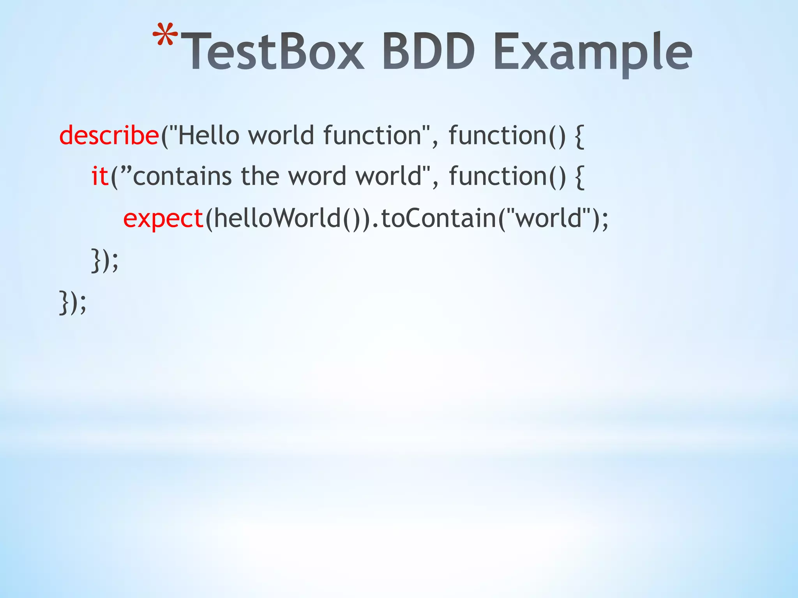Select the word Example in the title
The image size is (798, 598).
(592, 55)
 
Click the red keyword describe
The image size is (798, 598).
(109, 135)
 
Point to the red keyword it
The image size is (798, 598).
(100, 176)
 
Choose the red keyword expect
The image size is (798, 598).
(163, 218)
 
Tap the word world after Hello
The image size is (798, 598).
(281, 135)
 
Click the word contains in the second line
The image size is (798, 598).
(182, 176)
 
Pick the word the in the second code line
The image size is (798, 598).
(260, 176)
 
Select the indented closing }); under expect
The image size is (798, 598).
(104, 260)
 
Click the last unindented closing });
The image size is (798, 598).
(72, 302)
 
